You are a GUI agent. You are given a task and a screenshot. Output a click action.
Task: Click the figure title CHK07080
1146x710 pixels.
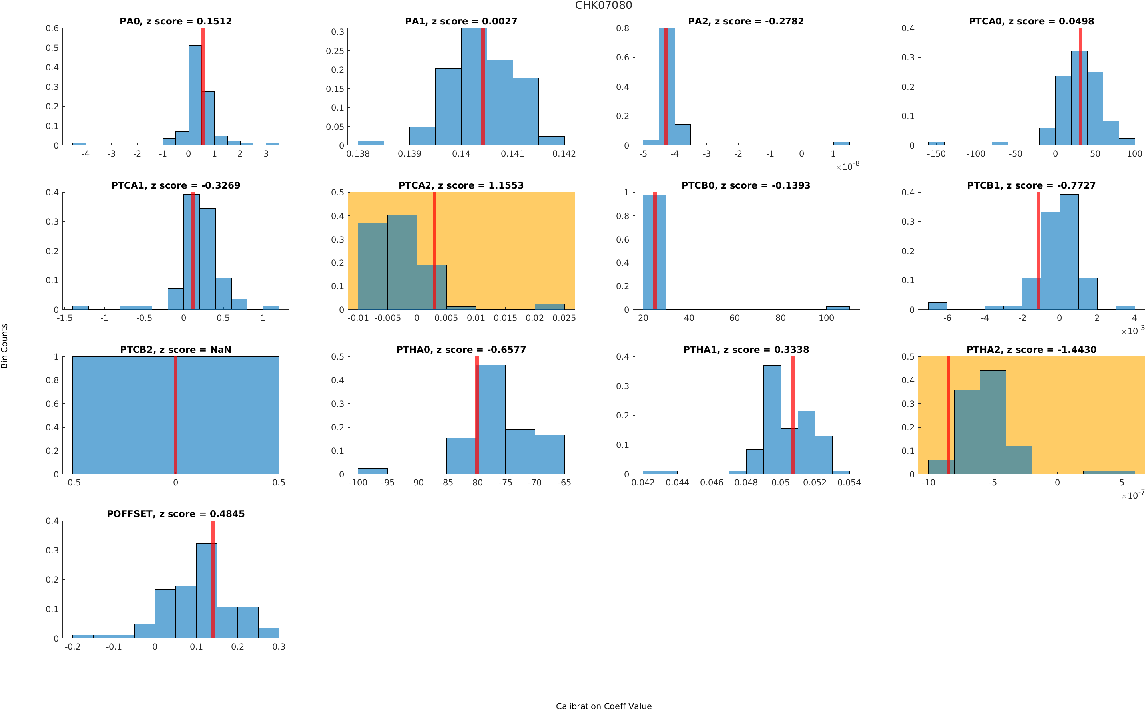(603, 5)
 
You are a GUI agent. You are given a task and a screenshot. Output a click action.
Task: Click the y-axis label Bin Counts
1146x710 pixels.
(5, 346)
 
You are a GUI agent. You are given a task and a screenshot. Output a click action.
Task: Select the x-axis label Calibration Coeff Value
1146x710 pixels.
(603, 705)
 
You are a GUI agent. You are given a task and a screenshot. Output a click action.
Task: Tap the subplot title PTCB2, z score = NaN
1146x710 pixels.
(175, 349)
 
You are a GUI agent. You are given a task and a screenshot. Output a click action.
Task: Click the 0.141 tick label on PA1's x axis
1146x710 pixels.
(512, 154)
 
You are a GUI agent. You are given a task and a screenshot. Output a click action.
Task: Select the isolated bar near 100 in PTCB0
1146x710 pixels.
(837, 308)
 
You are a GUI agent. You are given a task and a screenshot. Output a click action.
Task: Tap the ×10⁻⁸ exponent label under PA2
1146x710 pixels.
(847, 166)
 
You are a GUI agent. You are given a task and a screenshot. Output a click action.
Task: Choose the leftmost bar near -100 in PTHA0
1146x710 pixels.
(373, 471)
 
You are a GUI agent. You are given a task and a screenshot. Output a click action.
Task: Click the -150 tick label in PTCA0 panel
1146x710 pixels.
(936, 154)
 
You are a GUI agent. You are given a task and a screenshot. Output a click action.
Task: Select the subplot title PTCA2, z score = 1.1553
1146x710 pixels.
(461, 185)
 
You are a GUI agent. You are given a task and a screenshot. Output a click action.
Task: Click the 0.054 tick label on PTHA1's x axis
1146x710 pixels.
(849, 483)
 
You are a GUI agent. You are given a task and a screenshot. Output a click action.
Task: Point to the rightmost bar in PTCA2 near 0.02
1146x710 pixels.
(550, 306)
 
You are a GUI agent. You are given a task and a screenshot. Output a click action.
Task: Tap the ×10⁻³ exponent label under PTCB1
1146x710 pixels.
(1132, 330)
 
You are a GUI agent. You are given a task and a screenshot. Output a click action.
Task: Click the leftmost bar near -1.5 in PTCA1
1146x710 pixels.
(80, 308)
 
